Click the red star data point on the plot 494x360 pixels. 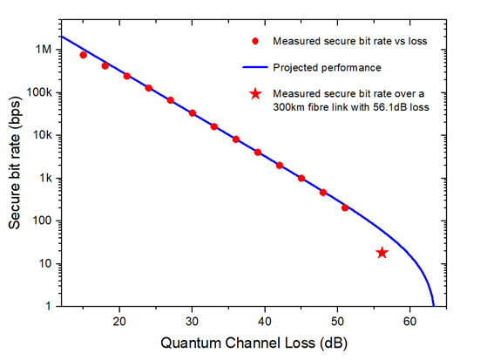pos(382,253)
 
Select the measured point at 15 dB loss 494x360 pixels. pos(84,55)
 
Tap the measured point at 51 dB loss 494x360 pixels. pos(345,207)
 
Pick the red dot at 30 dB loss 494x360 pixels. pos(193,113)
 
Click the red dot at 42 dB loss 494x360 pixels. pos(280,165)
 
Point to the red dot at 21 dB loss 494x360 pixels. pos(127,76)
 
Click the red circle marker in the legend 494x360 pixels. pos(254,41)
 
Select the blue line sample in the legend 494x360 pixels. pos(254,67)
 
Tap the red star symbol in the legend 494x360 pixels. pos(254,93)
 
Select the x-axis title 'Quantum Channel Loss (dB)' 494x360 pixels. pos(247,344)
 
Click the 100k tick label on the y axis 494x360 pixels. pos(39,92)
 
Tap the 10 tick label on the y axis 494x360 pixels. pos(45,264)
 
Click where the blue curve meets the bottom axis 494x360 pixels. pos(434,305)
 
